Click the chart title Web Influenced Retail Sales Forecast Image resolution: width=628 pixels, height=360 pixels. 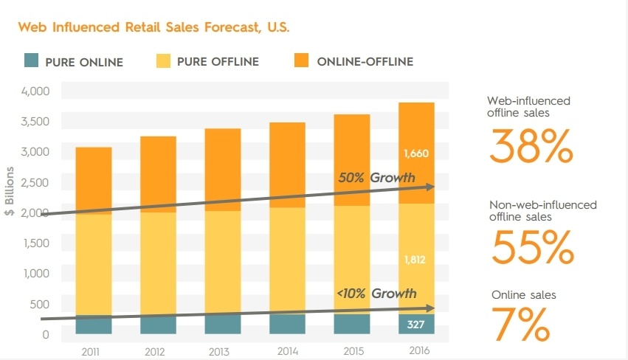[x=153, y=28]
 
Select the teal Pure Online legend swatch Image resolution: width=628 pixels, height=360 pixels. [x=30, y=61]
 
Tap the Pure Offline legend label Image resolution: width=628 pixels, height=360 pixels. [x=218, y=62]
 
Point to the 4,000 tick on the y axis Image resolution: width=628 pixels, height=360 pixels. [x=35, y=91]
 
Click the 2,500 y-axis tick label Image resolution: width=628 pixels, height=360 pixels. [x=35, y=183]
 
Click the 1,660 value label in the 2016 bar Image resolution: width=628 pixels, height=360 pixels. [x=416, y=153]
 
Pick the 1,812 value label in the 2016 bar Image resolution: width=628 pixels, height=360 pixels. [x=416, y=260]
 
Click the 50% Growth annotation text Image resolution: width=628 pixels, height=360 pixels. [x=376, y=178]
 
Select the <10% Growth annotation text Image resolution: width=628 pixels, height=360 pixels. [x=376, y=294]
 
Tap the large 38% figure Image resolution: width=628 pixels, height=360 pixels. [x=531, y=147]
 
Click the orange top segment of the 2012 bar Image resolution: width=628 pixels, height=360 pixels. [x=158, y=173]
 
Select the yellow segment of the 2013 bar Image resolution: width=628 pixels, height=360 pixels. [x=222, y=262]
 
